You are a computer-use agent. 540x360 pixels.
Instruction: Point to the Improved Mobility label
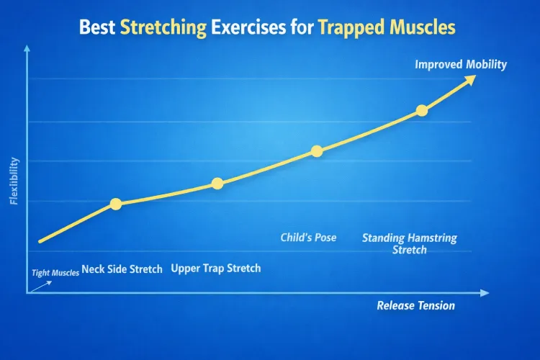tap(461, 65)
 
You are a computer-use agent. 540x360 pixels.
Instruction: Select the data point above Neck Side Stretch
tap(116, 204)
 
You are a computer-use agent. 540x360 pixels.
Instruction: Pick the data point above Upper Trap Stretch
tap(217, 184)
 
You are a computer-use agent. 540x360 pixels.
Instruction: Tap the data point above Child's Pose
tap(317, 150)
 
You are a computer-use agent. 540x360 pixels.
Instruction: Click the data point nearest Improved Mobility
tap(422, 110)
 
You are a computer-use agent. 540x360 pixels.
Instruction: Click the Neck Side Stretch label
tap(122, 269)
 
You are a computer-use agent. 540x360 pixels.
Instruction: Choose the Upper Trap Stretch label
tap(216, 269)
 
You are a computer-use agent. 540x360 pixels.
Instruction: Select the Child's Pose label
tap(308, 238)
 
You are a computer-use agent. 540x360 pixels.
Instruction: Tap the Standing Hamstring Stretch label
tap(409, 244)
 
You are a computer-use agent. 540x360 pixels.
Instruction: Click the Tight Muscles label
tap(55, 273)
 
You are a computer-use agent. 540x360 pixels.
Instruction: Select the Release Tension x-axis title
tap(415, 306)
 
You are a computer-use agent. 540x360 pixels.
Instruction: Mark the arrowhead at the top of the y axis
tap(27, 48)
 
